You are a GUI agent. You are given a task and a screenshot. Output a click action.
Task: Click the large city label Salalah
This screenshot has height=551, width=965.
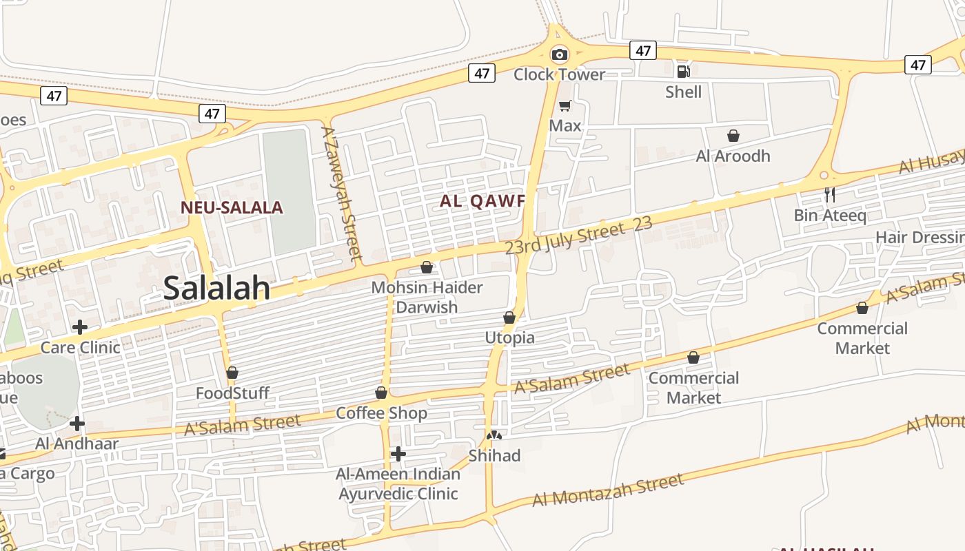point(216,289)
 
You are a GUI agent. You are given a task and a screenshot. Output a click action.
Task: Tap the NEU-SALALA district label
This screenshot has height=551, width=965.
point(232,207)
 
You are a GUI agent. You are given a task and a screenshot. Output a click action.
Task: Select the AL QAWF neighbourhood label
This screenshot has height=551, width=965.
point(482,201)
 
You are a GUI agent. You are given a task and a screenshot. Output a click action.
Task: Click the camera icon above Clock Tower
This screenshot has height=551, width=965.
point(560,54)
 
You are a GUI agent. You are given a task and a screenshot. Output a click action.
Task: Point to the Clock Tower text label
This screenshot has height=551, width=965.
point(559,74)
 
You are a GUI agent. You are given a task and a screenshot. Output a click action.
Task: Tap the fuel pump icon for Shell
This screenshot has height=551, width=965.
point(683,72)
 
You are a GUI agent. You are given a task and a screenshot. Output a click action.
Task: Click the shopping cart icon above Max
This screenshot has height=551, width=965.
point(565,105)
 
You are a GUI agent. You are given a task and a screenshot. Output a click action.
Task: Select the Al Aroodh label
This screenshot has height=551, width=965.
point(733,156)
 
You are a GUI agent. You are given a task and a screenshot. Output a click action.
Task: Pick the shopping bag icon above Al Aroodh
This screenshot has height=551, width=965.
point(733,136)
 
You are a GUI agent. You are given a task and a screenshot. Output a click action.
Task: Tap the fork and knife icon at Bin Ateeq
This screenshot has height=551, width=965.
point(830,195)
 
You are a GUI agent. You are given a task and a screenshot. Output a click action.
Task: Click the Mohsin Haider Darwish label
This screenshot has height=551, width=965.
point(427,297)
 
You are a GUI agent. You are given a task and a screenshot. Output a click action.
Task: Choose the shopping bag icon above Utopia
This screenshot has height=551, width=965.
point(509,318)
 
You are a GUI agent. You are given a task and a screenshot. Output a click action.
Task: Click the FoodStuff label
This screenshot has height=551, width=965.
point(232,393)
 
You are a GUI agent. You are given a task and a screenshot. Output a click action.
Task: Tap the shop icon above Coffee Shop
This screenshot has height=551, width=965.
point(381,393)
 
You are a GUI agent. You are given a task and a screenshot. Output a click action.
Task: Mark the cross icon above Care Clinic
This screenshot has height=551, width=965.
point(80,326)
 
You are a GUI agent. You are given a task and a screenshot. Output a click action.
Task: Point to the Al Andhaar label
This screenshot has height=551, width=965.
point(77,444)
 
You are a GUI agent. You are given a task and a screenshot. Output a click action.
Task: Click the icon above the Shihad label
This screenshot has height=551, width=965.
point(494,435)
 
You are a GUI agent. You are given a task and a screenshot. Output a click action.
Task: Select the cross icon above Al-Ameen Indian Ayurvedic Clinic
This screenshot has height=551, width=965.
point(398,454)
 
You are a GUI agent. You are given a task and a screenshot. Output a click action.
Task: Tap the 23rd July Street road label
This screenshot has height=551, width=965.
point(565,236)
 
